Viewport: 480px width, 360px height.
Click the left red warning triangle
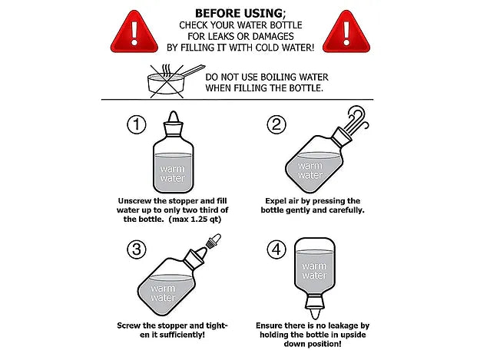click(x=134, y=33)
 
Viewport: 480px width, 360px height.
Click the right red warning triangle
click(x=346, y=33)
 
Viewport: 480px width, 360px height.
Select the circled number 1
click(x=137, y=124)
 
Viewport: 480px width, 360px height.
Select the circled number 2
click(x=276, y=124)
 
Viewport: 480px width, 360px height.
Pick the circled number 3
click(x=137, y=249)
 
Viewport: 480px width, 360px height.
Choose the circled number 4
click(x=276, y=249)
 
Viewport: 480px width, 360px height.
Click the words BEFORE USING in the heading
click(x=239, y=14)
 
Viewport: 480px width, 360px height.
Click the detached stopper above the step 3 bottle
click(x=214, y=240)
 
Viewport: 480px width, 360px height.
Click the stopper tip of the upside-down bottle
click(x=315, y=314)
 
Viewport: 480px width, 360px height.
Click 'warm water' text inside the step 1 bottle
click(x=172, y=173)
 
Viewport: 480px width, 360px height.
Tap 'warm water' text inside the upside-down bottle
click(x=314, y=271)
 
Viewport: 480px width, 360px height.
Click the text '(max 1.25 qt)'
click(x=195, y=220)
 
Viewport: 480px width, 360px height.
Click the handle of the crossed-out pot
click(x=194, y=71)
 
